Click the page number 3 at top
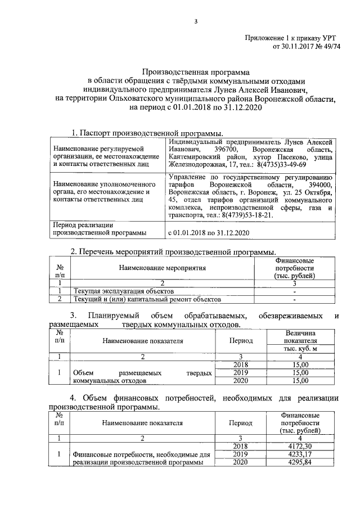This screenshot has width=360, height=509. (x=196, y=22)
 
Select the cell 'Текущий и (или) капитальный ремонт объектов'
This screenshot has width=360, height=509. (x=144, y=299)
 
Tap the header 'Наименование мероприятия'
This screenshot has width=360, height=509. (x=162, y=269)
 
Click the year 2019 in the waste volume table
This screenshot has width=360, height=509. (x=240, y=372)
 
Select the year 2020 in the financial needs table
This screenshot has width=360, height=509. (x=240, y=462)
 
